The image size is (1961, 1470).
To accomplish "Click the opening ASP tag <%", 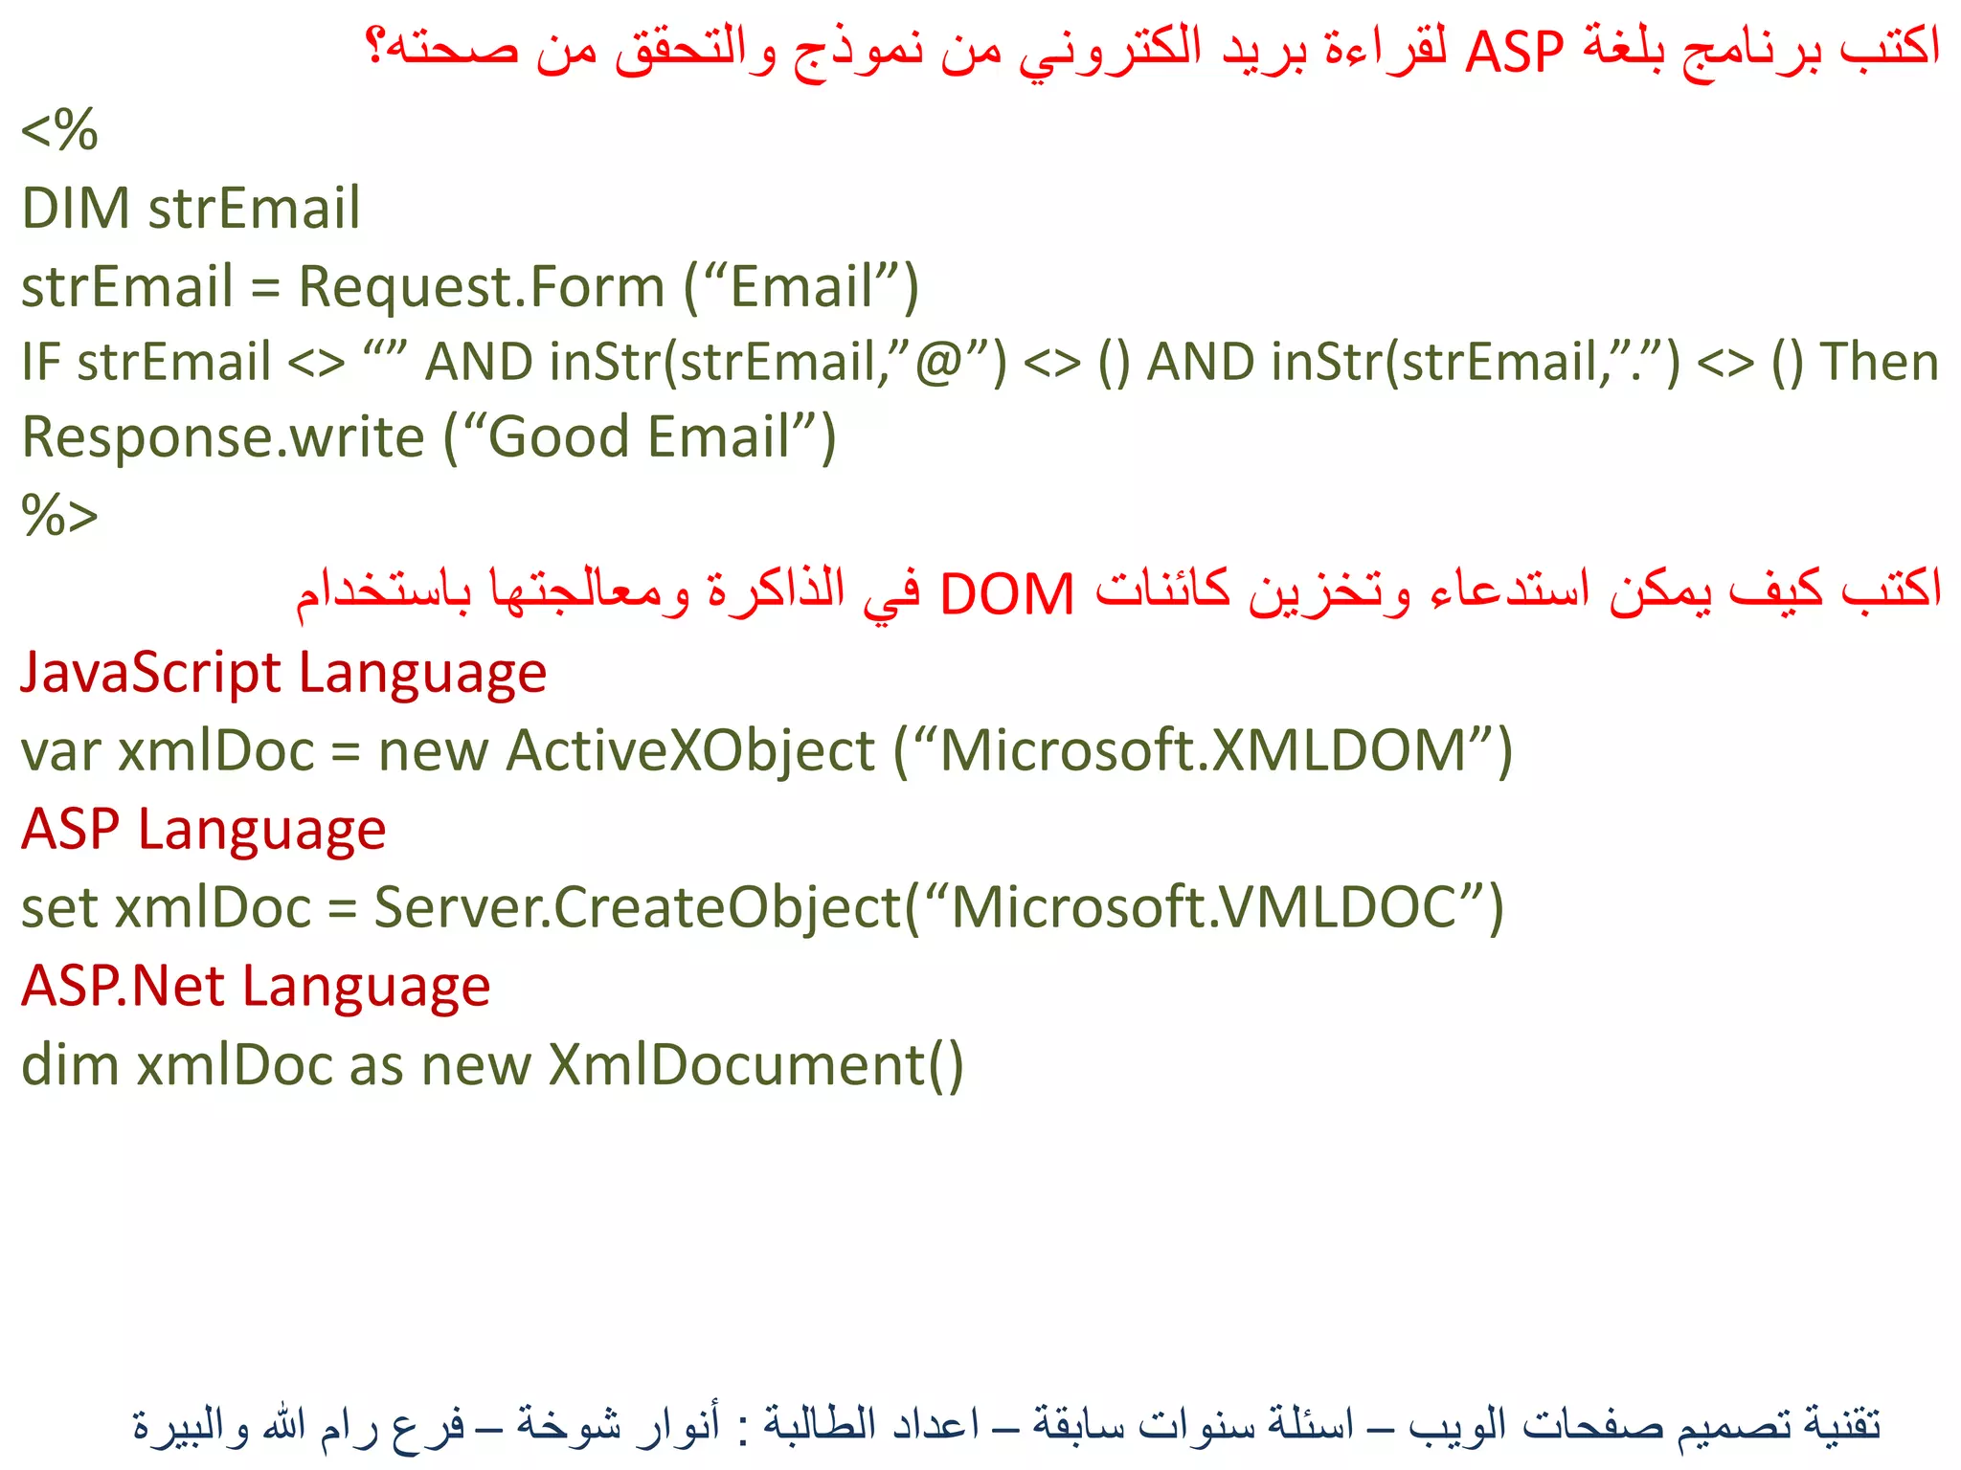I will (x=59, y=130).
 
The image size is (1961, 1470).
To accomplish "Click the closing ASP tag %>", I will (x=59, y=516).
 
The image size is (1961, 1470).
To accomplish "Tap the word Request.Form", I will (x=482, y=286).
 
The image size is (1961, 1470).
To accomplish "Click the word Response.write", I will (x=222, y=437).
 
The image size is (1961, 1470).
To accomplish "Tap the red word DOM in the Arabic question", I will (x=1007, y=594).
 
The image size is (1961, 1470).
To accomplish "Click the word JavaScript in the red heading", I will (x=149, y=673).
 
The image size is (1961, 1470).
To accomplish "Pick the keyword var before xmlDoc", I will (x=60, y=751).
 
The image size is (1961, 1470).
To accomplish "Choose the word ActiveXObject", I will (x=690, y=751).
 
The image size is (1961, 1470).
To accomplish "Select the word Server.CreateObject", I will (x=638, y=907).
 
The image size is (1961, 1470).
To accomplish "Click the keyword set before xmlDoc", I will (x=58, y=907).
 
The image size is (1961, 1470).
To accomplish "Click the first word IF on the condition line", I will (x=40, y=362).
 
